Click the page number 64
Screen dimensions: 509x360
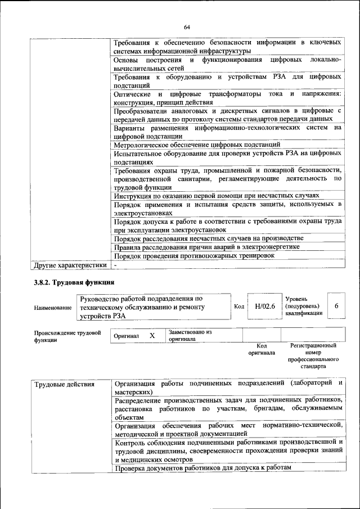click(187, 26)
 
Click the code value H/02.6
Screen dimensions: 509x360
click(264, 307)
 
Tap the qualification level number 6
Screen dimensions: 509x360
click(336, 306)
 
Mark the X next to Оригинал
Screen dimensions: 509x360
click(152, 335)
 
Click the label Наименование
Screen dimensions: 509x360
click(53, 308)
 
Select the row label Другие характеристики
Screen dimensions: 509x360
click(70, 264)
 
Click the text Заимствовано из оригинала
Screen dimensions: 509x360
click(190, 336)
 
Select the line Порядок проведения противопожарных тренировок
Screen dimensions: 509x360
click(194, 255)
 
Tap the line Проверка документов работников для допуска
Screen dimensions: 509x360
click(203, 468)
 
